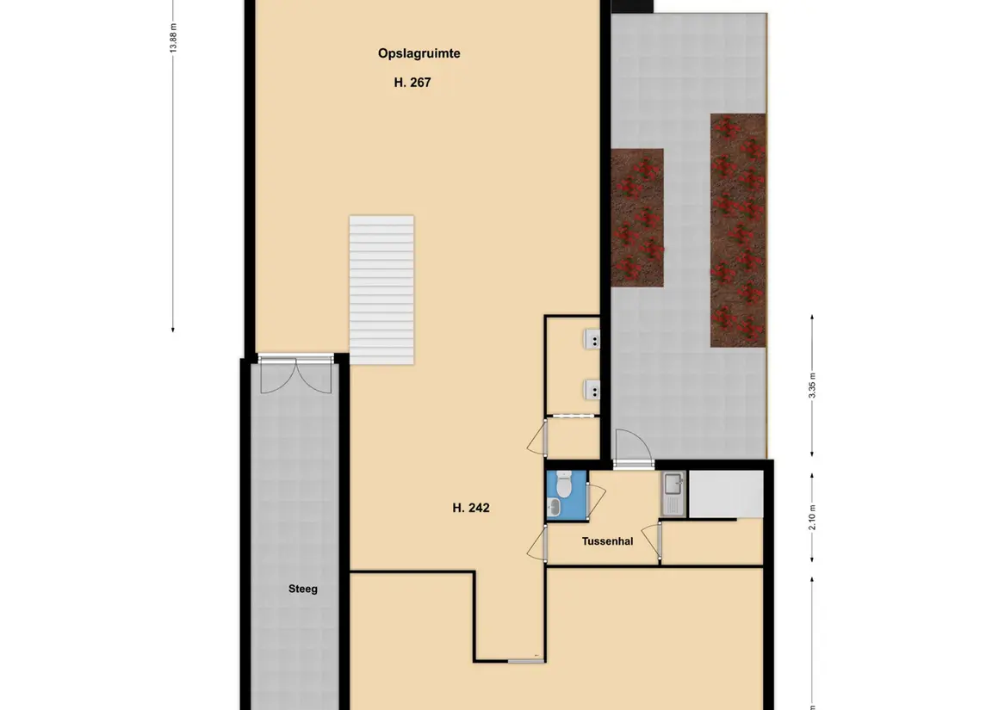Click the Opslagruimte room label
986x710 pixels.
[x=419, y=53]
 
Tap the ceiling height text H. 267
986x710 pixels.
[x=412, y=83]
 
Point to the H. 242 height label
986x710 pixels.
[x=471, y=508]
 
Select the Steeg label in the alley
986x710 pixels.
[x=303, y=589]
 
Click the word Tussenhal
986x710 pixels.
[x=607, y=541]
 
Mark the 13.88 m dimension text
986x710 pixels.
[x=174, y=38]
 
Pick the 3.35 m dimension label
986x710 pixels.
[x=812, y=386]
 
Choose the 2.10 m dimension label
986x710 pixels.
[x=812, y=518]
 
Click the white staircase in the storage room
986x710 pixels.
[x=381, y=290]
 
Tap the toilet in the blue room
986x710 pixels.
[x=563, y=483]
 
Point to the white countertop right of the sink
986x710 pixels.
[x=726, y=495]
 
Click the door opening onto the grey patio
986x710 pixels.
[x=633, y=448]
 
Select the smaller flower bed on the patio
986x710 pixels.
[x=637, y=218]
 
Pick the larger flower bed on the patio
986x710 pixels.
[x=738, y=231]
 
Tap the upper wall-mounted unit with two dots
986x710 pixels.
[x=592, y=340]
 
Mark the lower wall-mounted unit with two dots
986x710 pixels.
[x=592, y=390]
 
